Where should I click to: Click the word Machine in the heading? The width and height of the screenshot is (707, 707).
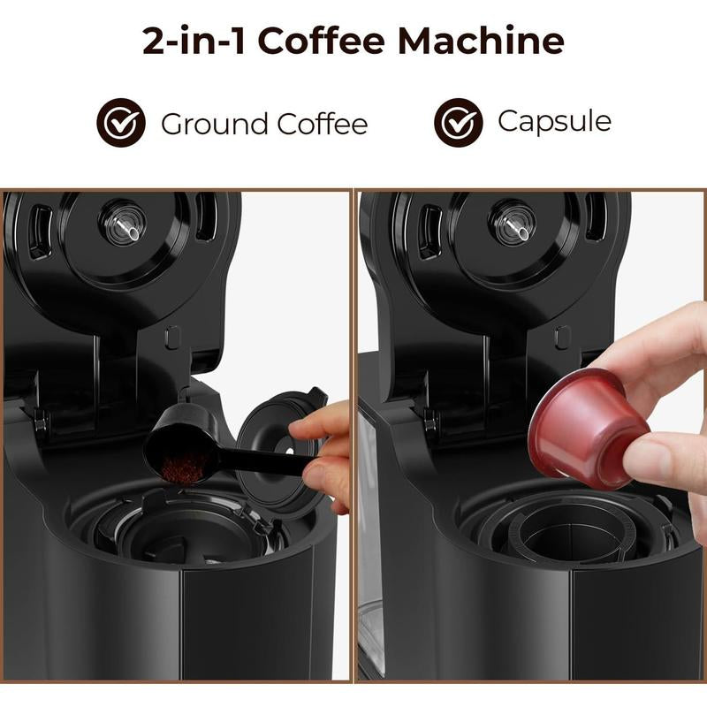point(481,41)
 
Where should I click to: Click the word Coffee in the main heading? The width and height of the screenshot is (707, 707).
point(321,41)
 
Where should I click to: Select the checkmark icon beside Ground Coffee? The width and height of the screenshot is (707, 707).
point(121,123)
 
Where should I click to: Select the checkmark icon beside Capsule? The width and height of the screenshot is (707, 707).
point(458,123)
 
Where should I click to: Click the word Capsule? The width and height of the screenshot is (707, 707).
point(555,122)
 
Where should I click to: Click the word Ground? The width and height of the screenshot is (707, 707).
point(214,124)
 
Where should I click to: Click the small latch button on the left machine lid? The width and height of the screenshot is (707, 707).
point(172,338)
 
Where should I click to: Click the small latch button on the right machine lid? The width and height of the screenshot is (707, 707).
point(563,338)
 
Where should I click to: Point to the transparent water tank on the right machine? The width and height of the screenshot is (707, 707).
point(369,541)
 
